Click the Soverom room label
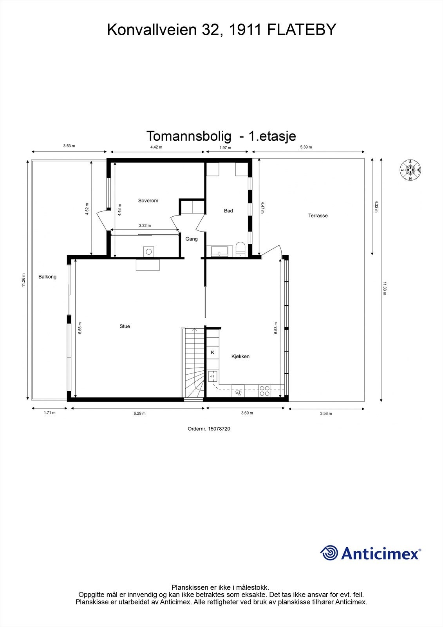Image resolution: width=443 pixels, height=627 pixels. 148,201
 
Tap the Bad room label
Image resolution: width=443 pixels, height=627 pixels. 228,211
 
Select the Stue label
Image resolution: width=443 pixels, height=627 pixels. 125,326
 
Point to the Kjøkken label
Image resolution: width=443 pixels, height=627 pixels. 240,357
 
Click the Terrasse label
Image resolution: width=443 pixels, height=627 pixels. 318,216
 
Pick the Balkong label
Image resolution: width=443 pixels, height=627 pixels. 47,277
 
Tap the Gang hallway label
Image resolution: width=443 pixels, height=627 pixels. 192,239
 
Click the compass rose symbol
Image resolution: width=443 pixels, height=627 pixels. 410,170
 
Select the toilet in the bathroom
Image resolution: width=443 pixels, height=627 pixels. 240,249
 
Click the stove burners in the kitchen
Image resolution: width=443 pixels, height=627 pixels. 265,391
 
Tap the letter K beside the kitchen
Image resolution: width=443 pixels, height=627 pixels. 213,353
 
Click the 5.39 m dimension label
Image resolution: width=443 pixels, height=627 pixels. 306,147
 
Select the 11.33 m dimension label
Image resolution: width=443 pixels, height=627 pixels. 385,288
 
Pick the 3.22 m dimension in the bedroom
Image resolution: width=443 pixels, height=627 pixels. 145,226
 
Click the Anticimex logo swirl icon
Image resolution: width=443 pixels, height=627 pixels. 329,553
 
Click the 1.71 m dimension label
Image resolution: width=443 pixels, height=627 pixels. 49,413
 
